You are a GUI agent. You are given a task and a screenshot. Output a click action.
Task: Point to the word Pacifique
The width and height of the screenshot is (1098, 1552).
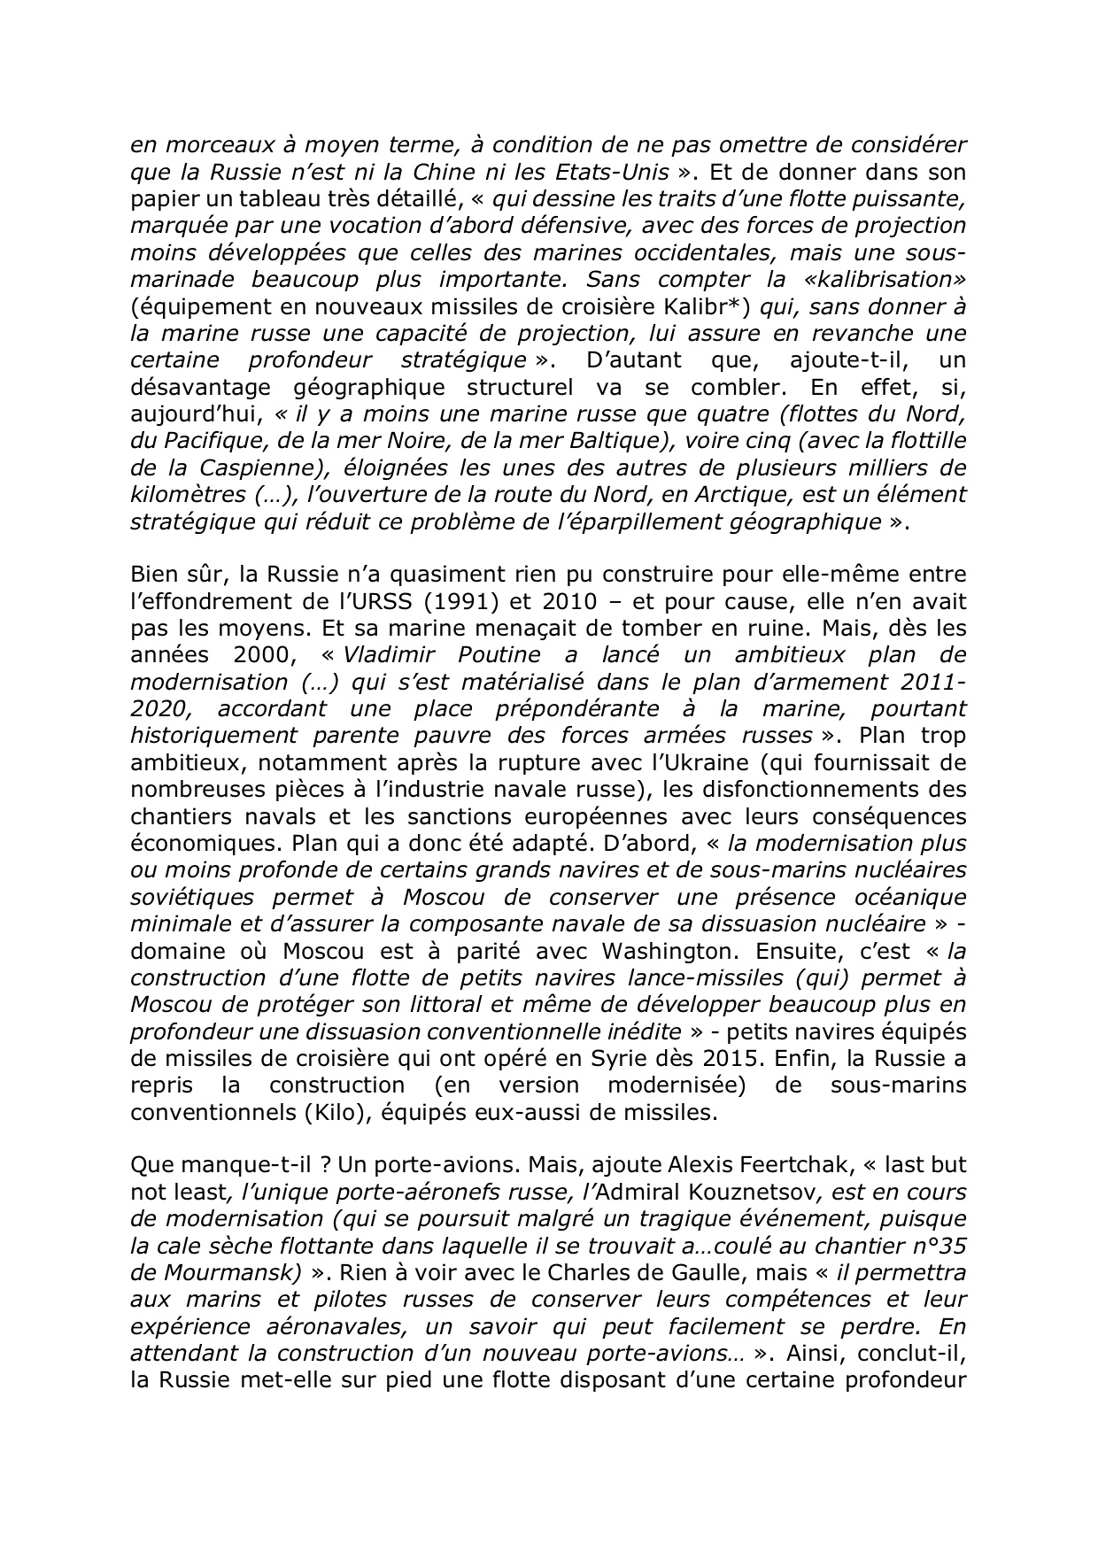216,441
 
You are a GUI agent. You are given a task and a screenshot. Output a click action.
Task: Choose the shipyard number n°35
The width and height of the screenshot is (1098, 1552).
935,1247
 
